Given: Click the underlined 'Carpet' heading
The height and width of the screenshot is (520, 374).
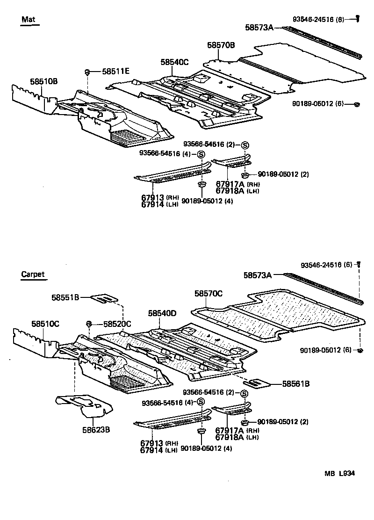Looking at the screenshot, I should pos(33,274).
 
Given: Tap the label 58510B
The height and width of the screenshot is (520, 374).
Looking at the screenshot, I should pos(44,80).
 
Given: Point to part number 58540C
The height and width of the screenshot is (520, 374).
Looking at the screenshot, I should pos(174,62).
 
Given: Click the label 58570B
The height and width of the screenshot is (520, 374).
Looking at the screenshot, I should pos(221,45).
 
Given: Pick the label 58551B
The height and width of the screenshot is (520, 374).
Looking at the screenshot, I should pos(65,297).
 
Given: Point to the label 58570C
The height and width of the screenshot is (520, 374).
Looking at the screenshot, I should pos(209,293).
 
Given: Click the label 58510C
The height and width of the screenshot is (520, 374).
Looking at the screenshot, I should pos(45,323).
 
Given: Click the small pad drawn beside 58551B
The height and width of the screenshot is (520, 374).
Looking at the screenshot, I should pos(104,297).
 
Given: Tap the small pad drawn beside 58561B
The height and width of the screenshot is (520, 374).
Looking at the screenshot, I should pos(256,383).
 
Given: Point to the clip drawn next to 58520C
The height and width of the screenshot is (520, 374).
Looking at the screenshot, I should pos(88,324).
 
